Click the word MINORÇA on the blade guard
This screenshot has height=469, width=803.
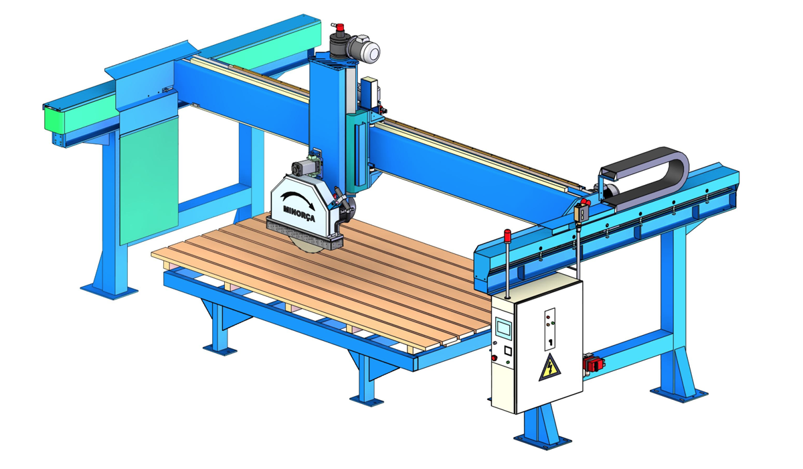(299, 214)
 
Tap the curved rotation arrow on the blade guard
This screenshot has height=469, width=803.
(298, 199)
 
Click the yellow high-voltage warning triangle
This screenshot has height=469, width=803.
(549, 368)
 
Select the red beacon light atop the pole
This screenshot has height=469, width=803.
(507, 234)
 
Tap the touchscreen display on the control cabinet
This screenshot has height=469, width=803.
(503, 328)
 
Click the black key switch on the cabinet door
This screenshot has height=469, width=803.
(550, 342)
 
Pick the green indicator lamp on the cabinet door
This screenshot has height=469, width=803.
(553, 323)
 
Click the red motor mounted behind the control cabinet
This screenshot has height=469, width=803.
(594, 363)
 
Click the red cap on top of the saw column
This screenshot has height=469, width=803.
(339, 27)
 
